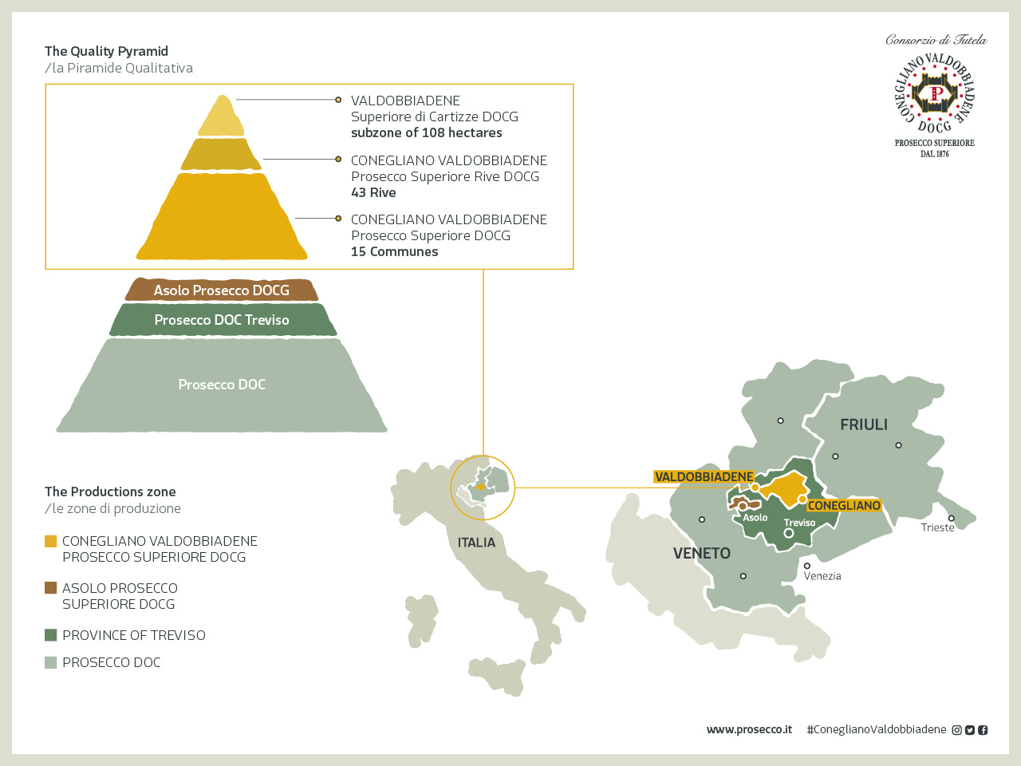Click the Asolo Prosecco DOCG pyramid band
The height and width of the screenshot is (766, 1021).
222,290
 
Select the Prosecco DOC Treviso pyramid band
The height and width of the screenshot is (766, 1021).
223,319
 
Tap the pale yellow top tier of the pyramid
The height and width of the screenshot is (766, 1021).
222,116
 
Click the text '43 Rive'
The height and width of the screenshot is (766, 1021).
373,192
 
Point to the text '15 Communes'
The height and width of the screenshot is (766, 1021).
395,251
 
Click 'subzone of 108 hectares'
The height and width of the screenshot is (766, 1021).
427,133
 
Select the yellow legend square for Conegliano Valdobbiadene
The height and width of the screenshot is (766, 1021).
51,541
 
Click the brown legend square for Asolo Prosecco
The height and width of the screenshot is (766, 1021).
51,588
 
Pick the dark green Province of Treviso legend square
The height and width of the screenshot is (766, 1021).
51,635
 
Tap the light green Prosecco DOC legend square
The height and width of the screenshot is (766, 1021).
51,662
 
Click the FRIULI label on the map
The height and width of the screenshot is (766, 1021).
864,424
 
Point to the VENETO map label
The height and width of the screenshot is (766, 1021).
702,553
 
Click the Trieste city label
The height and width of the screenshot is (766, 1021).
937,527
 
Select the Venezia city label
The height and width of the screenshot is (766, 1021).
822,576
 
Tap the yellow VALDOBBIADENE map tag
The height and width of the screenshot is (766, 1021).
704,476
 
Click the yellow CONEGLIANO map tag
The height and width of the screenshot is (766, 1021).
844,506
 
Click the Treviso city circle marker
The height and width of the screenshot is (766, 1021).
789,533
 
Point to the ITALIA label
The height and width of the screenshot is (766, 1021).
476,543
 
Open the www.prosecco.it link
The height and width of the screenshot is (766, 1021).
749,729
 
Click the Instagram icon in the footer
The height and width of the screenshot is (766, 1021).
956,730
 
